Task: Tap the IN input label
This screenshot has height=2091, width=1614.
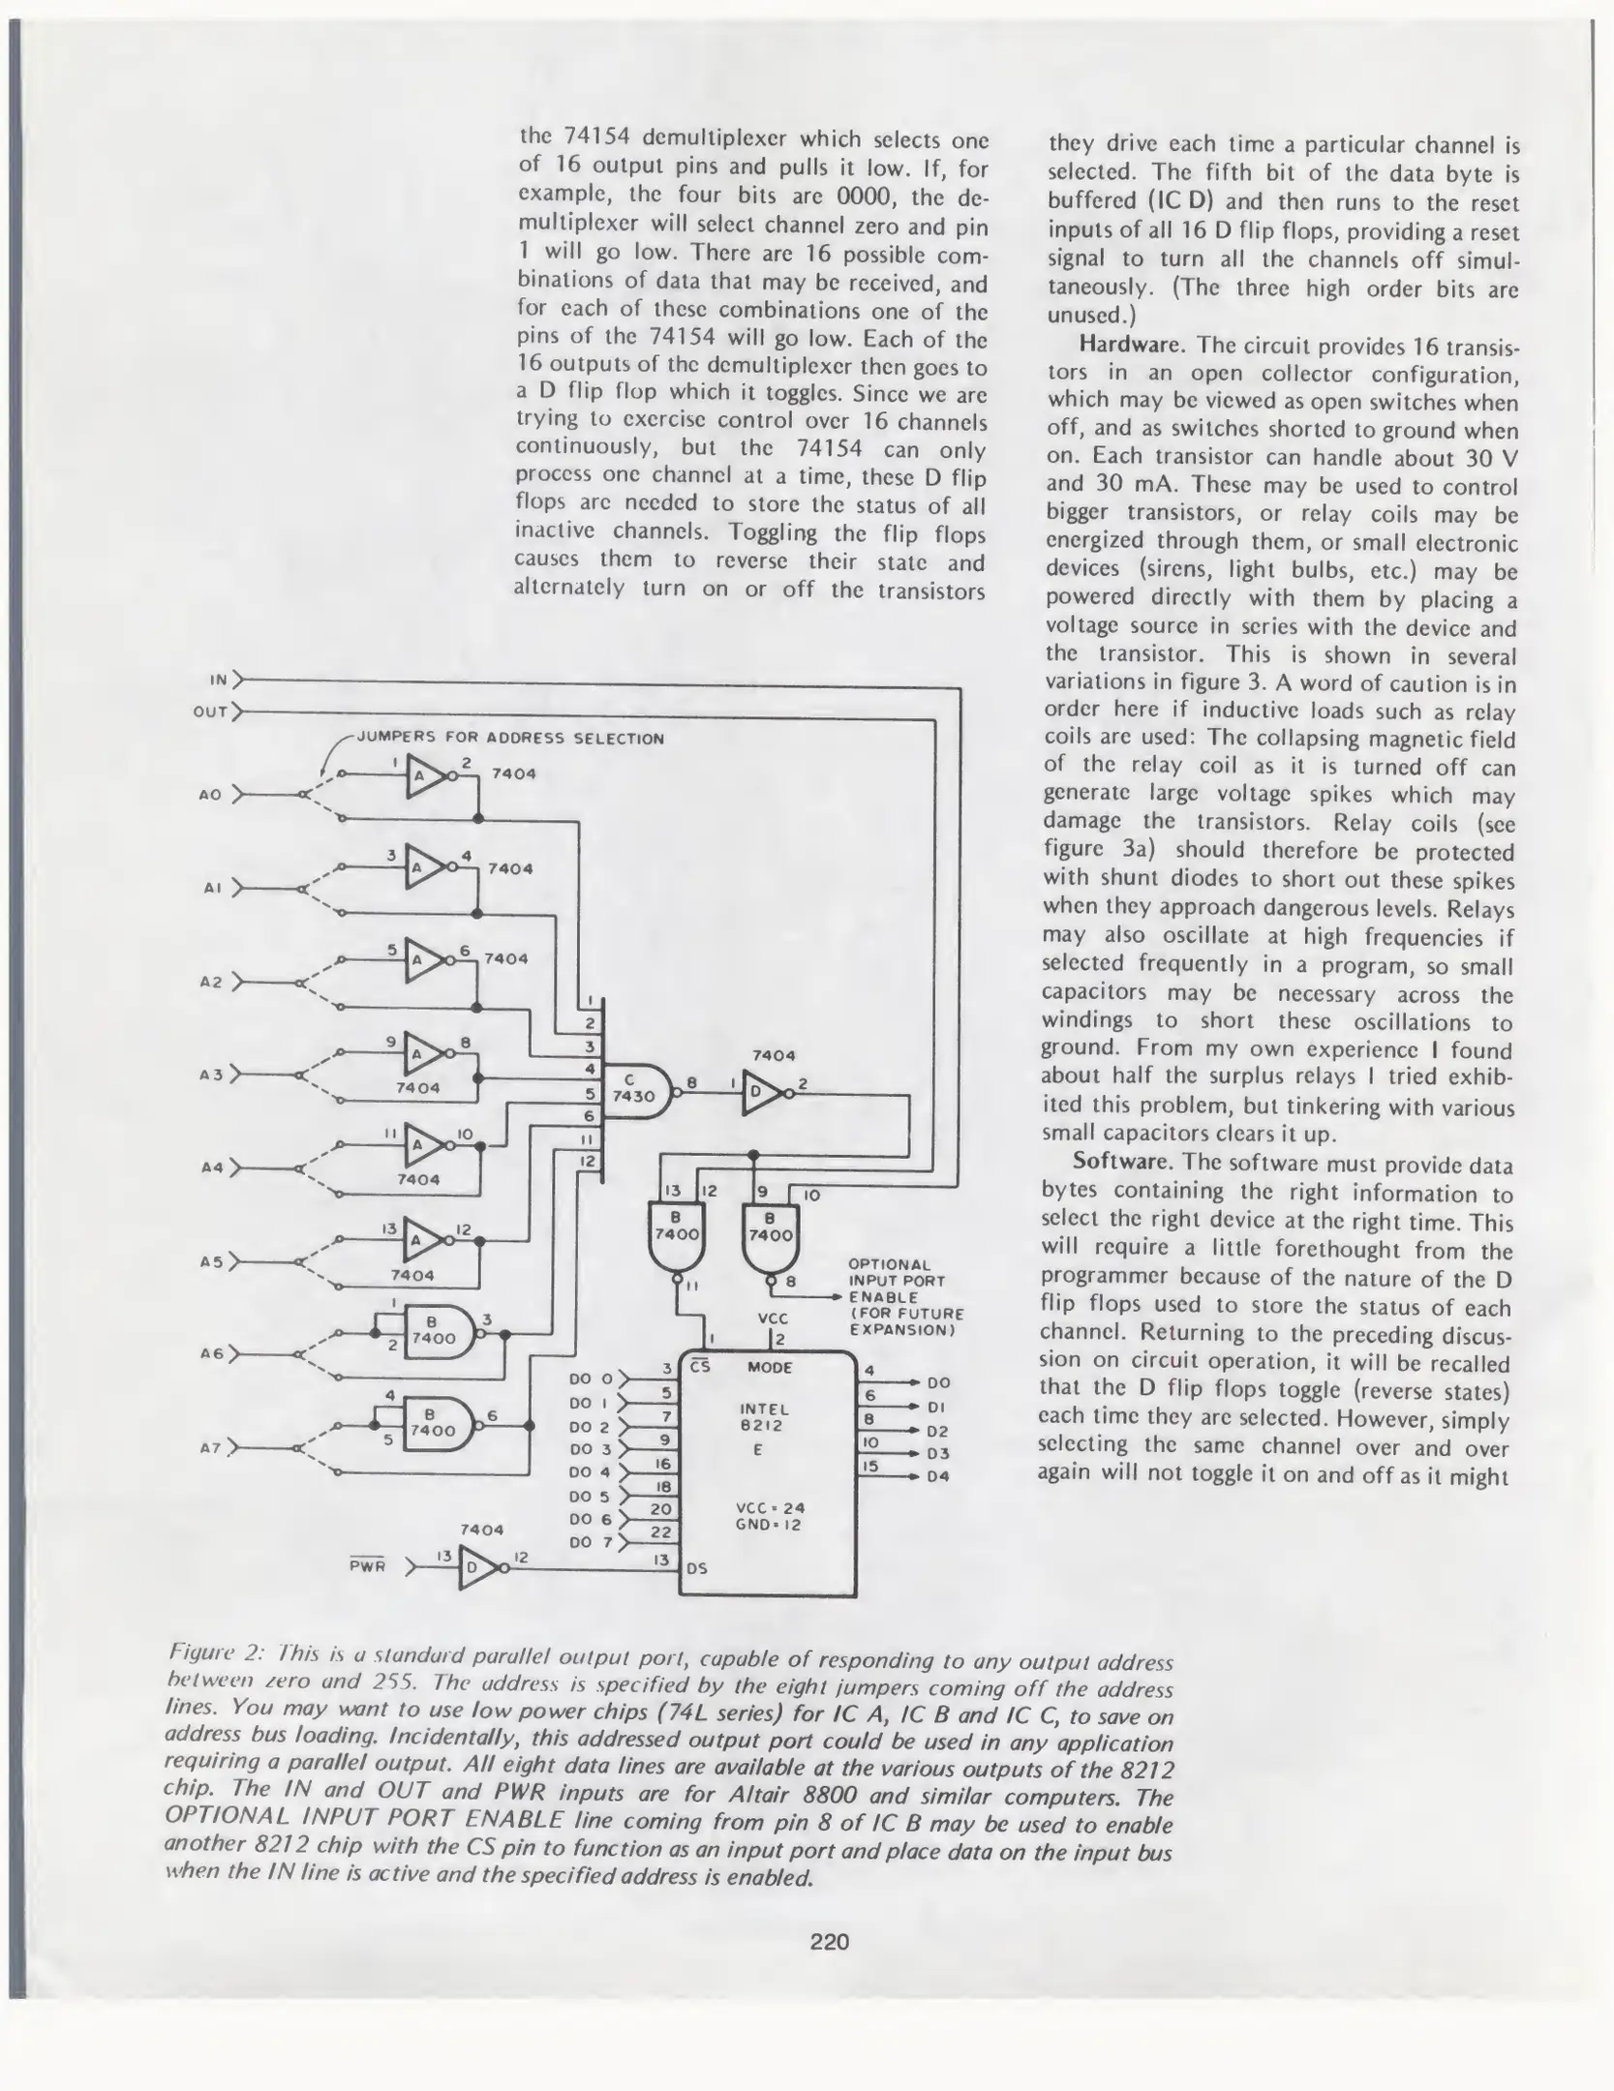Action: coord(220,681)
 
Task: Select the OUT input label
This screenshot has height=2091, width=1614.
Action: coord(211,712)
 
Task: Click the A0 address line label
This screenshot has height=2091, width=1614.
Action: coord(210,795)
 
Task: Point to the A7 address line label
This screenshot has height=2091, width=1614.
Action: coord(210,1448)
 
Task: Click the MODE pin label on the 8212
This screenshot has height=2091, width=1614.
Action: coord(770,1368)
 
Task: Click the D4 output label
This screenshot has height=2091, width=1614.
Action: coord(938,1476)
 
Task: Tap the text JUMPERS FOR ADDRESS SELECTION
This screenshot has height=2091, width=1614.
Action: coord(510,739)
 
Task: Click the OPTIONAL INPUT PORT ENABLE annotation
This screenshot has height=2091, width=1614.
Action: coord(904,1297)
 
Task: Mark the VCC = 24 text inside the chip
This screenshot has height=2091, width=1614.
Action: coord(771,1507)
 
